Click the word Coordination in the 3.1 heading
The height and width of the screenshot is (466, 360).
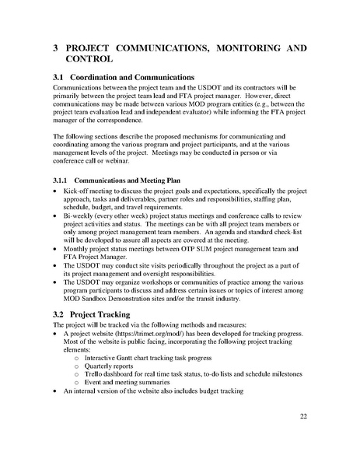click(x=100, y=78)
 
